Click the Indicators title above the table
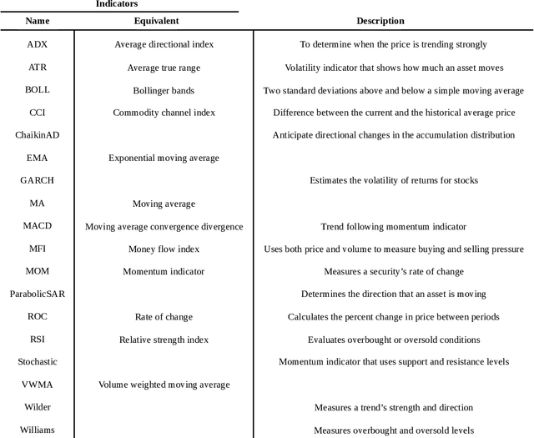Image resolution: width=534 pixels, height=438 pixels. coord(117,4)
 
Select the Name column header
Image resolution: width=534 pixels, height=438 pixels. coord(38,21)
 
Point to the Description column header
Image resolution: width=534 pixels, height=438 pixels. coord(380,21)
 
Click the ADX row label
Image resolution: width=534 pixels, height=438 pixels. coord(38,44)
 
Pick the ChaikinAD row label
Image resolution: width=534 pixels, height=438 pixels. coord(38,135)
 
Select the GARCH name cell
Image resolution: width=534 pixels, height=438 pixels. coord(38,180)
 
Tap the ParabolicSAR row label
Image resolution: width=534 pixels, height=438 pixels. coord(38,294)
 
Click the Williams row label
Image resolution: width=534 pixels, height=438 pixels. coord(38,430)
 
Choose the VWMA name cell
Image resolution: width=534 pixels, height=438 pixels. coord(38,385)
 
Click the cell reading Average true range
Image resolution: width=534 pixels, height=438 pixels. coord(164,68)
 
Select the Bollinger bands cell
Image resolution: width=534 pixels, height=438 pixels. coord(164,90)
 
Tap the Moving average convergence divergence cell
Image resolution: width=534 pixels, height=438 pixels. coord(164,226)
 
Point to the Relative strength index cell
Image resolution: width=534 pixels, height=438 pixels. coord(164,340)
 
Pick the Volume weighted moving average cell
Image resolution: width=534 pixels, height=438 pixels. coord(164,385)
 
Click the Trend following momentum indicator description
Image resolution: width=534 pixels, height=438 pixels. coord(393,226)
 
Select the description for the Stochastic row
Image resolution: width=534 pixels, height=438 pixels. coord(393,362)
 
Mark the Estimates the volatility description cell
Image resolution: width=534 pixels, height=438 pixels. coord(393,180)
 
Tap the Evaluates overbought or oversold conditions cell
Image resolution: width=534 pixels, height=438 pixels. coord(393,340)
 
